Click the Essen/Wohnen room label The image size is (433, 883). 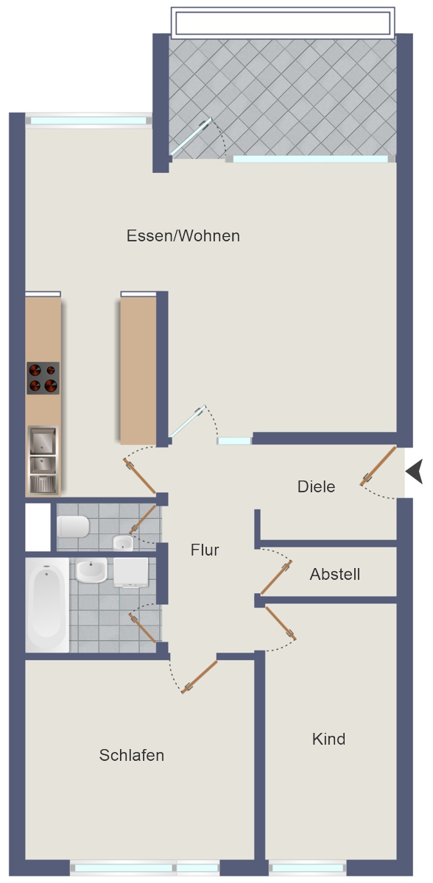[183, 235]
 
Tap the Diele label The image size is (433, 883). [316, 486]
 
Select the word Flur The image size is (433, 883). [205, 550]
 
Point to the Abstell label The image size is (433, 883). [335, 574]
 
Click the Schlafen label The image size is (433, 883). [132, 755]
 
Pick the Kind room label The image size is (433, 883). [329, 739]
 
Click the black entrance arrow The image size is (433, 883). [414, 471]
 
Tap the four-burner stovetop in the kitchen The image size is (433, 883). [43, 378]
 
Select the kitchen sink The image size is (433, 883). [43, 460]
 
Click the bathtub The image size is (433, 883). [47, 605]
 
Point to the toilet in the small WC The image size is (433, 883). [73, 526]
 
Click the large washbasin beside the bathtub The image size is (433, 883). [91, 570]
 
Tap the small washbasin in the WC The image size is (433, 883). [123, 543]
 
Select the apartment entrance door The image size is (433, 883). [378, 466]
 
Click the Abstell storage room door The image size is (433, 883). [276, 578]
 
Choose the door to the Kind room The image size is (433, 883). [281, 623]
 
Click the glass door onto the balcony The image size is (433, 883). [191, 137]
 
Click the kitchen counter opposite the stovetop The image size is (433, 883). [138, 371]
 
